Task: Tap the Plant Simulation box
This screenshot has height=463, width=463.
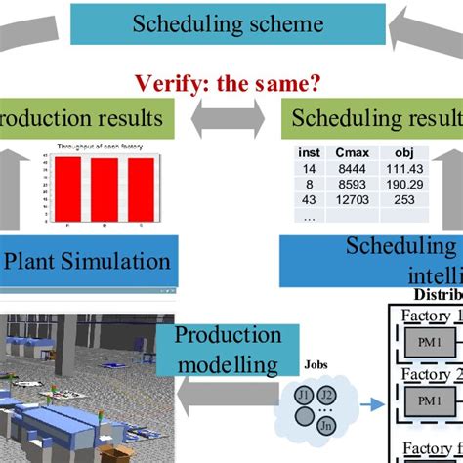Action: pos(89,261)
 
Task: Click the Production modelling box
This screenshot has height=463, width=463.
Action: pos(227,349)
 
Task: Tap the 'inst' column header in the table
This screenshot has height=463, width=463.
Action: pos(309,153)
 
